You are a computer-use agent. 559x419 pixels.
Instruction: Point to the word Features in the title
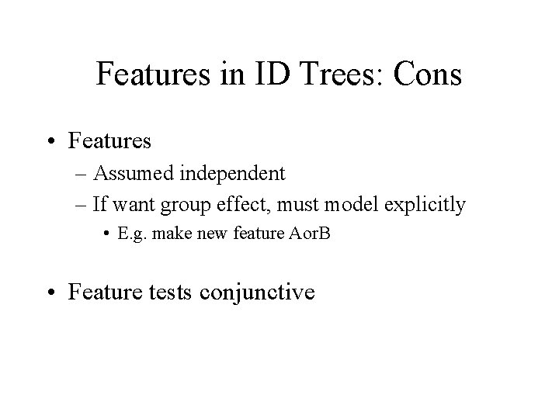click(x=153, y=74)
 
